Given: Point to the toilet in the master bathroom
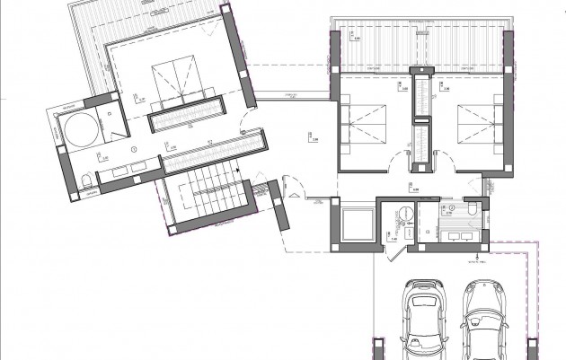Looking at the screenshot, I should click(84, 182).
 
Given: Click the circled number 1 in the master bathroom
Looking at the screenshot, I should click(133, 149).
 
